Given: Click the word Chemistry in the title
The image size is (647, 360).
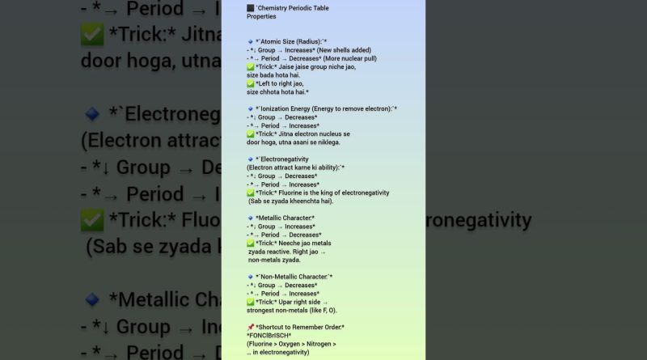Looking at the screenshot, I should point(274,8).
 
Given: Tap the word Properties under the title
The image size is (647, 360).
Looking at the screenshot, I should point(261,17).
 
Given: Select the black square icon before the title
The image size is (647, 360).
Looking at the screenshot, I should point(251,8).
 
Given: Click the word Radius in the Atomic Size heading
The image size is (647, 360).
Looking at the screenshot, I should point(306,41).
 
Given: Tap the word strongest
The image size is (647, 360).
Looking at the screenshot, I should point(264,311).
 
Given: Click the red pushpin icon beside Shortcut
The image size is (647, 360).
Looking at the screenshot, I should point(251,327).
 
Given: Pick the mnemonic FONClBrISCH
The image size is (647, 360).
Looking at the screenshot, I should point(269,336).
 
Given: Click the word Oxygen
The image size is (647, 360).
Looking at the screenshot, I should point(297,344).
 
